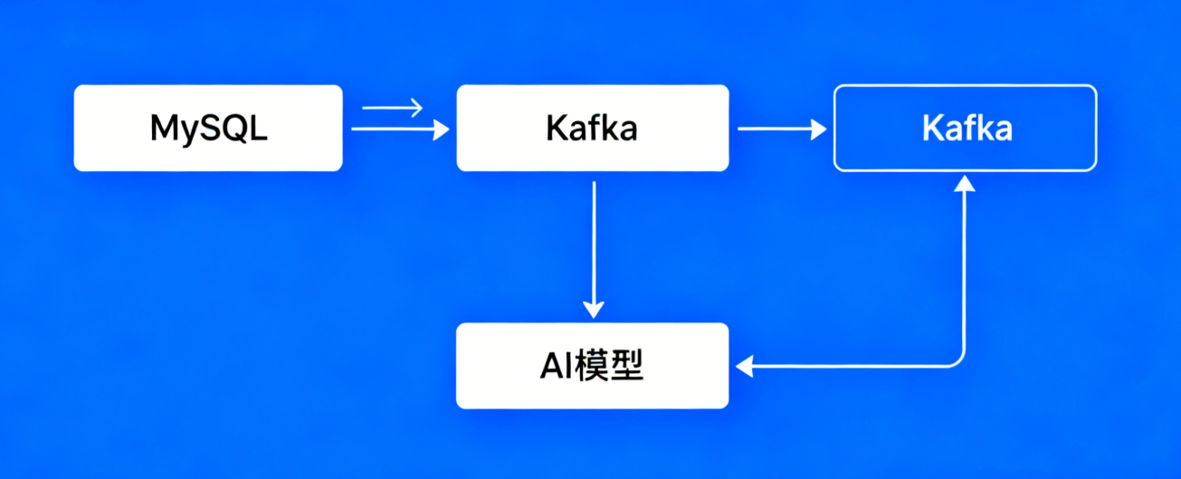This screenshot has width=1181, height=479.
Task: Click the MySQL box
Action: tap(208, 128)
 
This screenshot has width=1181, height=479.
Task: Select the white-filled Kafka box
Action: tap(592, 128)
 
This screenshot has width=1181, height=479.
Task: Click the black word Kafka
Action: tap(592, 129)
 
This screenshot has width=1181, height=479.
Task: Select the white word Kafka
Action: tap(967, 129)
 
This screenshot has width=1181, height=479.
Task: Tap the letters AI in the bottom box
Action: tap(551, 366)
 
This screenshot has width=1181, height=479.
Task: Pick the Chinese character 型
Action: tap(626, 366)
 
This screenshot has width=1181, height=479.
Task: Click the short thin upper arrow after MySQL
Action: tap(392, 109)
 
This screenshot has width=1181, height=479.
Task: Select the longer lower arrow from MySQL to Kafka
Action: tap(398, 129)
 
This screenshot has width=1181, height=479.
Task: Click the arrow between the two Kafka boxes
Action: tap(781, 129)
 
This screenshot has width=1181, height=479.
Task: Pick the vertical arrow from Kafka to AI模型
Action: tap(593, 244)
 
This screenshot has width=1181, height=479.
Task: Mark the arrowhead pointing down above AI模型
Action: tap(593, 310)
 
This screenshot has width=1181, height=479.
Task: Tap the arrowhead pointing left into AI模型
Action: tap(745, 366)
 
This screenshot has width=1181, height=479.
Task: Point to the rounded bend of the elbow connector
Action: tap(958, 359)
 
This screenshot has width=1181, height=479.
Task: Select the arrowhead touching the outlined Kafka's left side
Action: tap(819, 129)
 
